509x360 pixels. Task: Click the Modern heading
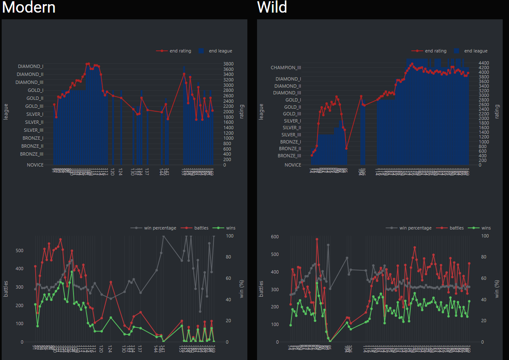[29, 8]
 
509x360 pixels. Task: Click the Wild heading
[272, 8]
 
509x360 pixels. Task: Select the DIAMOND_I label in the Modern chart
[31, 66]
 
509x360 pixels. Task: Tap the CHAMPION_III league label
[286, 68]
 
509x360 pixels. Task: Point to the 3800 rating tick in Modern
[228, 64]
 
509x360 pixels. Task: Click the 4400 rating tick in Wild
[484, 63]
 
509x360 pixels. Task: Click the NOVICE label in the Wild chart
[293, 165]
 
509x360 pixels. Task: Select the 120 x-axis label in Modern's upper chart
[112, 172]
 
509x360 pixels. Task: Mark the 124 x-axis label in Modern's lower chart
[110, 349]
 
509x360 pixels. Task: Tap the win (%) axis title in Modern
[241, 289]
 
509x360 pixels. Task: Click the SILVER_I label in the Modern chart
[34, 114]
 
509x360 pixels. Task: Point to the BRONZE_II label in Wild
[290, 149]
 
